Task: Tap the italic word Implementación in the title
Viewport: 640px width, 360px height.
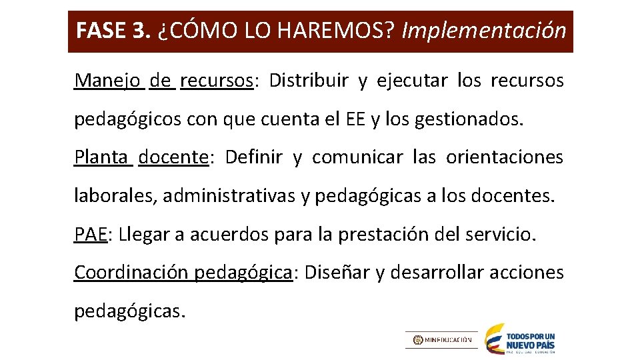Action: (484, 31)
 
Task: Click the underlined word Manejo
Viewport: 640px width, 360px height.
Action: (107, 81)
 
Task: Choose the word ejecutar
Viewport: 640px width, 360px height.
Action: (412, 81)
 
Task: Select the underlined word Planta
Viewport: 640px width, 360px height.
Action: (101, 157)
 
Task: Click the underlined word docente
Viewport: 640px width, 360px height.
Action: (173, 157)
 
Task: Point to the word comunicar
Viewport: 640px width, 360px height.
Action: (357, 157)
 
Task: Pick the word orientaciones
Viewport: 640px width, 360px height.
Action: (505, 157)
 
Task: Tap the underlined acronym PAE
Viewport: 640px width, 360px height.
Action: (91, 235)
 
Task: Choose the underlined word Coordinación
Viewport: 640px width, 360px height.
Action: (132, 272)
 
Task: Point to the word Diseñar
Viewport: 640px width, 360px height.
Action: (336, 272)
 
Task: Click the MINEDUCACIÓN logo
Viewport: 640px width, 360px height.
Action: (441, 339)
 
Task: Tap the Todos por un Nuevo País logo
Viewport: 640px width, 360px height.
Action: (519, 338)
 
